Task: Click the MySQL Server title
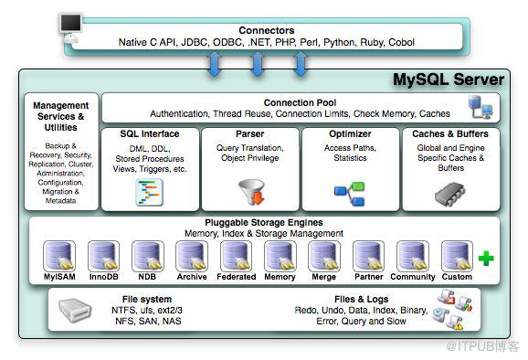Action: [x=449, y=80]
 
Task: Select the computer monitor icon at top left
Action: [x=71, y=25]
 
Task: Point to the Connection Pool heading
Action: [x=301, y=102]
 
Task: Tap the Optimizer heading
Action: [x=351, y=133]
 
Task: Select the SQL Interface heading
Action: [x=150, y=133]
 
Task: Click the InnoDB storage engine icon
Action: [x=103, y=256]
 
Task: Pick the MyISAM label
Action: [x=58, y=277]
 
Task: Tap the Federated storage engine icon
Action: [x=236, y=256]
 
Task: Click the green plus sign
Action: [x=486, y=259]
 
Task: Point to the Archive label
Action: [x=192, y=277]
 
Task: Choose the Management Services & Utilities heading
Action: [x=60, y=117]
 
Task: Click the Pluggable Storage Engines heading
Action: [x=265, y=222]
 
